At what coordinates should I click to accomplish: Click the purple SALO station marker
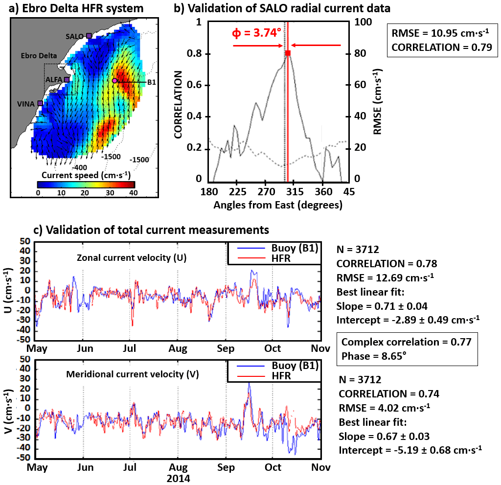(x=89, y=36)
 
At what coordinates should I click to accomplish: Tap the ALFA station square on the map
(x=67, y=79)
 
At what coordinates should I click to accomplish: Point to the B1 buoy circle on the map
(x=114, y=80)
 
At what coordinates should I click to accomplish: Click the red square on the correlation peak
(x=288, y=52)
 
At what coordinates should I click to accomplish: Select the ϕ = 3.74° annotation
(x=256, y=33)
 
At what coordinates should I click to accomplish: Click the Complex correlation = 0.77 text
(x=407, y=342)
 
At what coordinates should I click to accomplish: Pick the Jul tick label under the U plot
(x=129, y=348)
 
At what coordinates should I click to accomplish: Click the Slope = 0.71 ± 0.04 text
(x=382, y=306)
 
